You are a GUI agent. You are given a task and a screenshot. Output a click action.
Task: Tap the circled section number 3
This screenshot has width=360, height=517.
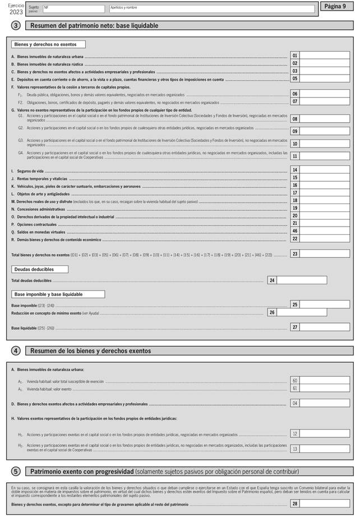point(16,26)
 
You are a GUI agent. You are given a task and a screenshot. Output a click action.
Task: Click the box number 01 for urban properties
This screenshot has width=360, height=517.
point(295,56)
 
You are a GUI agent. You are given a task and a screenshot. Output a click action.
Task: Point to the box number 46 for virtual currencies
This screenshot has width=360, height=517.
point(295,231)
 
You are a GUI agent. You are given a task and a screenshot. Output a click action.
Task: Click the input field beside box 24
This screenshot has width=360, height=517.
point(302,280)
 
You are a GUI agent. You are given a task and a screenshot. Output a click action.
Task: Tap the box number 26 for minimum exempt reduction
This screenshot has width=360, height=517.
point(272,312)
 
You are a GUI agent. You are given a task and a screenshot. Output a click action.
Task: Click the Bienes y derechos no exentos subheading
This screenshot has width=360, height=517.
point(48,44)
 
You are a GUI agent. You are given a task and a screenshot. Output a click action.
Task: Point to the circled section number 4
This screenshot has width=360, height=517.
point(16,350)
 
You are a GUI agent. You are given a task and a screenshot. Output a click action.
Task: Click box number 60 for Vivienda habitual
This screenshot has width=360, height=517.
point(295,381)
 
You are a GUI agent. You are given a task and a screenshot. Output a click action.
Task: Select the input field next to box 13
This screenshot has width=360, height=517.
point(325,449)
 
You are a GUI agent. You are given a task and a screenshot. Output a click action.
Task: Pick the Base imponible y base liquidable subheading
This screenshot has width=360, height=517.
point(58,294)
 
